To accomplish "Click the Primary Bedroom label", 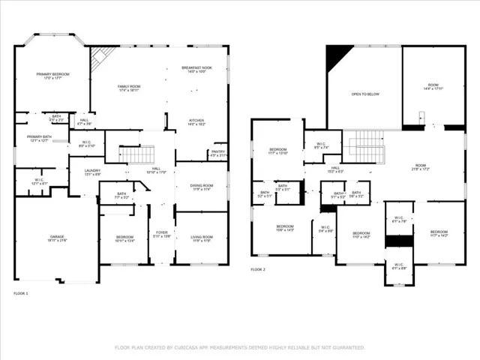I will pyautogui.click(x=52, y=73).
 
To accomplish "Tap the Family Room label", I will pyautogui.click(x=129, y=87).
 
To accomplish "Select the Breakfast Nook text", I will pyautogui.click(x=196, y=68).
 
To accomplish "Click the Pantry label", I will pyautogui.click(x=218, y=152).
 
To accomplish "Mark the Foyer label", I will pyautogui.click(x=160, y=232).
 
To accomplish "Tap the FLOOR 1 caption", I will pyautogui.click(x=20, y=293).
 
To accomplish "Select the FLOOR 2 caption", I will pyautogui.click(x=258, y=268).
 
